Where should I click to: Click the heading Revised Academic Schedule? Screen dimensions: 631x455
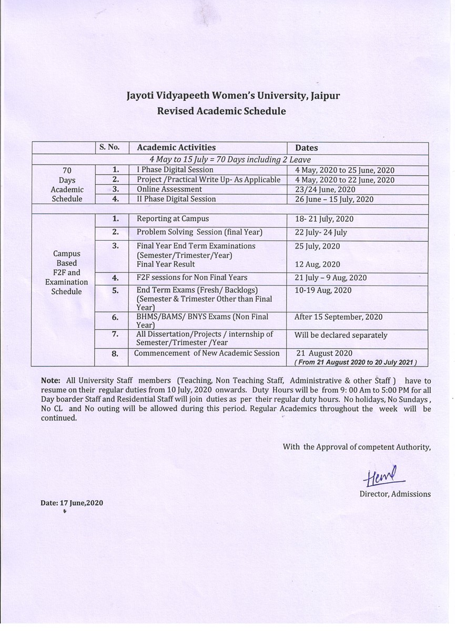coord(221,111)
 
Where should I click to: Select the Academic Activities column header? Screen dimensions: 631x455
coord(176,148)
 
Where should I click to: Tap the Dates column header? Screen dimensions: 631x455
coord(306,148)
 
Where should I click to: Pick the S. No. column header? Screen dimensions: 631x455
coord(109,147)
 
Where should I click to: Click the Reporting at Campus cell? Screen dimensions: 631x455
coord(173,219)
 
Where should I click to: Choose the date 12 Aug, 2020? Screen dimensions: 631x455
coord(317,264)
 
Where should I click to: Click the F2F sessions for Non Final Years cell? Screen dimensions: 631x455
coord(191,278)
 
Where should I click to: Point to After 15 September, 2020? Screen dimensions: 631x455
coord(338,317)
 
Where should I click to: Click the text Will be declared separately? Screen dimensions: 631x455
coord(340,335)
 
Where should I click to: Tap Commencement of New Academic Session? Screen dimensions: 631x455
coord(207,353)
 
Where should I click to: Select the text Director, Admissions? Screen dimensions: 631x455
coord(395,494)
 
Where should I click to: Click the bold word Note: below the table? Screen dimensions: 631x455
coord(50,381)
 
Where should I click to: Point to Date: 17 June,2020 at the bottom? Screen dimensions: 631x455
coord(72,503)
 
